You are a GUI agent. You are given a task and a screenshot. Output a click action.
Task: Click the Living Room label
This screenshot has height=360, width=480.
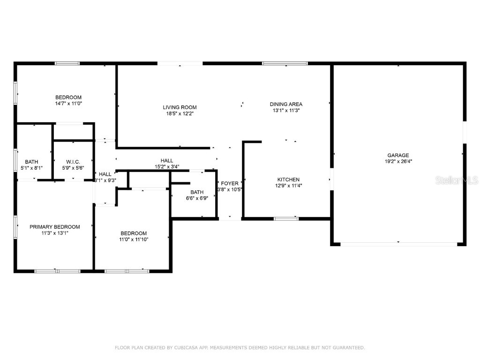(x=180, y=107)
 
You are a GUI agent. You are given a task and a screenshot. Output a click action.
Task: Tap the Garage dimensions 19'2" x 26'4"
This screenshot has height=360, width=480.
(x=398, y=161)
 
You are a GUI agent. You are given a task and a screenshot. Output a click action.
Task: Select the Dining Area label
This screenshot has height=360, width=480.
(x=286, y=104)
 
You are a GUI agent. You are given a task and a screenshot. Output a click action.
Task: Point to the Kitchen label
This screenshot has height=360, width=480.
(x=288, y=180)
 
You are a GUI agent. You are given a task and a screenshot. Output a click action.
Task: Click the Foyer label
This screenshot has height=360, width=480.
(x=230, y=183)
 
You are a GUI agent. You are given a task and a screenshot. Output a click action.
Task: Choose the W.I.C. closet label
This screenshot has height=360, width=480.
(x=73, y=162)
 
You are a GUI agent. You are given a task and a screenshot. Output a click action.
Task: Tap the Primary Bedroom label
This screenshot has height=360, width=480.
(x=55, y=227)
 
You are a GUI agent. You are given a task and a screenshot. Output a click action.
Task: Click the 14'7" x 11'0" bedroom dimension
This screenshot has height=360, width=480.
(x=68, y=104)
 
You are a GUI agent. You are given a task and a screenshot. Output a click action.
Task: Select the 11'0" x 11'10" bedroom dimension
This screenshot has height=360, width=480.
(x=134, y=240)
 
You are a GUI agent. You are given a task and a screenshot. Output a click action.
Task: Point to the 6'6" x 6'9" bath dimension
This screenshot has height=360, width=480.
(x=197, y=198)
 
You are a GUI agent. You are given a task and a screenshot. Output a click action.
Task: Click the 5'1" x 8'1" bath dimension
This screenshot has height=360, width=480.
(x=31, y=168)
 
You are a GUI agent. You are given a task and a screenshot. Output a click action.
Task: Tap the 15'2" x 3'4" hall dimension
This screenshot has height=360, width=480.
(x=167, y=166)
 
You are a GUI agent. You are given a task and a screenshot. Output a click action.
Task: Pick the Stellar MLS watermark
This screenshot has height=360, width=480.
(x=457, y=180)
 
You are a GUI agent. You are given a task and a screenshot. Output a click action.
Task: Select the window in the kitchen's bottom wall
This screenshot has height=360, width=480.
(x=286, y=218)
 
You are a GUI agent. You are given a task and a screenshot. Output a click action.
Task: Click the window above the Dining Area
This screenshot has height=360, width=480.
(x=285, y=63)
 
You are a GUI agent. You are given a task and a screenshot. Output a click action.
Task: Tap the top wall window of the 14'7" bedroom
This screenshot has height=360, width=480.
(x=67, y=63)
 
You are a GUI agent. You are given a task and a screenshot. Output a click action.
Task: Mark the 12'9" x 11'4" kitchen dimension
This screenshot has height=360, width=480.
(x=289, y=186)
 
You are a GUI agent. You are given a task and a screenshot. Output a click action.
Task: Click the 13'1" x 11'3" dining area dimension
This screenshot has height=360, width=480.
(x=286, y=110)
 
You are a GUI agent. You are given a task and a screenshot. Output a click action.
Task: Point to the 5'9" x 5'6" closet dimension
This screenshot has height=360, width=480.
(x=73, y=168)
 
